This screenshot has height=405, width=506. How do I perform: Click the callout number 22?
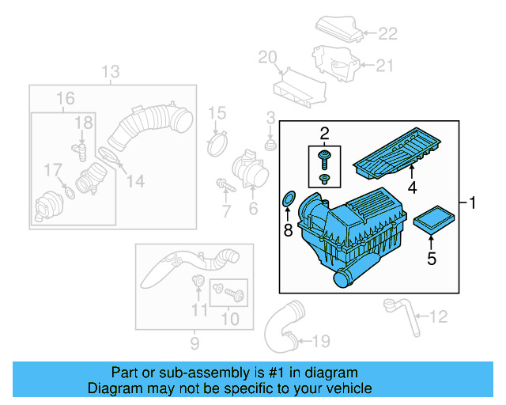point(387,33)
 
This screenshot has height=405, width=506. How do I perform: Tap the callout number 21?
point(383,66)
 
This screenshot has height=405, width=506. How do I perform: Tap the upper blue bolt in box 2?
point(324,158)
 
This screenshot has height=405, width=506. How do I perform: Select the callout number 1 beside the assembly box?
point(474,204)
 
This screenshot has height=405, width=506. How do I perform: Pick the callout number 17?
point(52,170)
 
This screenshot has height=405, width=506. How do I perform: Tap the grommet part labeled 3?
point(270,146)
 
